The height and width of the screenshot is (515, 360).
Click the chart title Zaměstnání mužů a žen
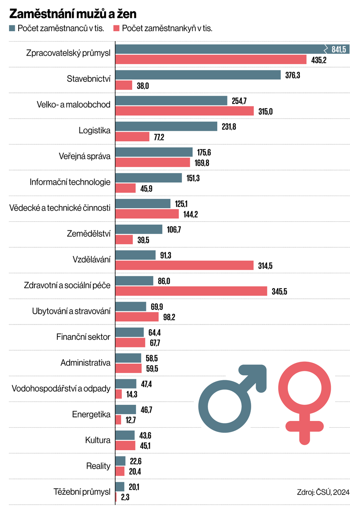coord(73,14)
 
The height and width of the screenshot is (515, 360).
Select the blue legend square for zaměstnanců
coord(12,28)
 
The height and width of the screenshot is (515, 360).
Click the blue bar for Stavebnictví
coord(197,75)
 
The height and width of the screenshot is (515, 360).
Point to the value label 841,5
coord(339,49)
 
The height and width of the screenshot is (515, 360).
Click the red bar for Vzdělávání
coord(184,266)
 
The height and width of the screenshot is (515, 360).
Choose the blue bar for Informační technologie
coord(148,178)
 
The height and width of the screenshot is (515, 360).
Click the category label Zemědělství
coord(89,234)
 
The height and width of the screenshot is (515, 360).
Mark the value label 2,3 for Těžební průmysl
coord(125,498)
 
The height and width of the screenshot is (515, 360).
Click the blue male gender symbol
coord(232,400)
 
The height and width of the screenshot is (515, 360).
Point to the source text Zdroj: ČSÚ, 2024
coord(323,492)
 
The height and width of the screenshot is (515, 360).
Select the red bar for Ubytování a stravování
coord(137,317)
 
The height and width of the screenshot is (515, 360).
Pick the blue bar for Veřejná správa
coord(154,152)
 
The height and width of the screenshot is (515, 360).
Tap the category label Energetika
coord(91,415)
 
